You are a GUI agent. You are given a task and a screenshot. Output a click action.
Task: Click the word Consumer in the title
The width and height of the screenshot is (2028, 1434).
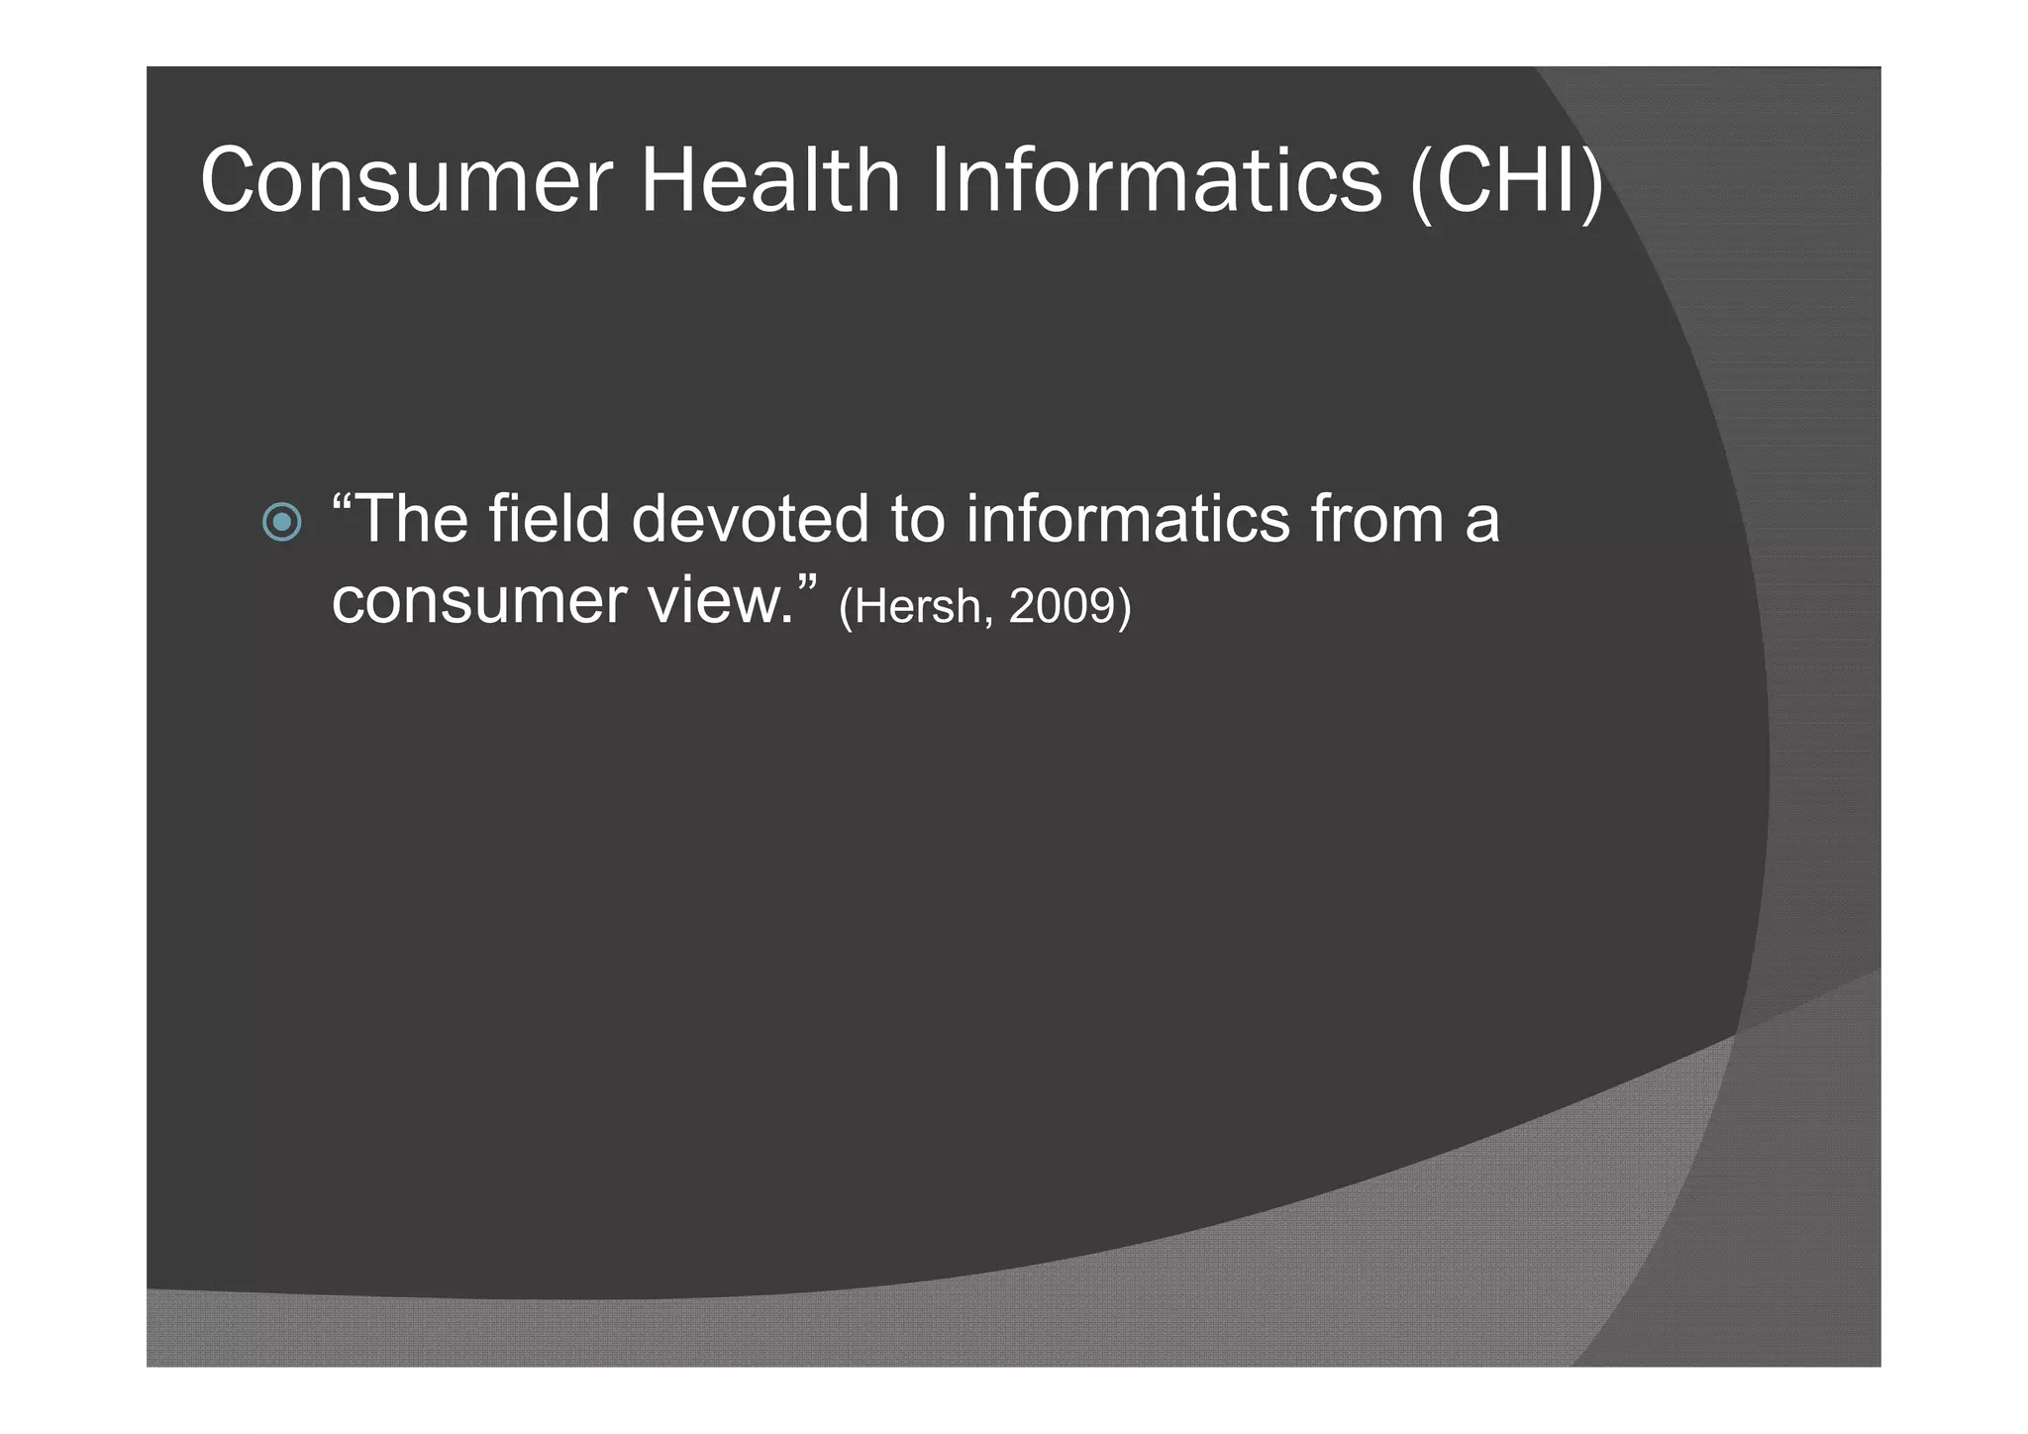(x=407, y=180)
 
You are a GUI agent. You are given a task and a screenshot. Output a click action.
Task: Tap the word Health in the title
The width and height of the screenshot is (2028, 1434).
(x=769, y=180)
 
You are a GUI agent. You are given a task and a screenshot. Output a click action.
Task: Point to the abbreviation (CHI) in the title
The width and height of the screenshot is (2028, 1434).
(x=1505, y=182)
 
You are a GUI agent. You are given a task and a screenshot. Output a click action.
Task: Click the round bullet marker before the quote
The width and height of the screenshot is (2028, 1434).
(x=282, y=521)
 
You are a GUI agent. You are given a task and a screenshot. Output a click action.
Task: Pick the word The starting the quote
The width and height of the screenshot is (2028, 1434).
(x=411, y=519)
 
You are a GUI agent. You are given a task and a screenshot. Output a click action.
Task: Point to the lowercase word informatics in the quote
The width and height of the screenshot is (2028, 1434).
(x=1128, y=519)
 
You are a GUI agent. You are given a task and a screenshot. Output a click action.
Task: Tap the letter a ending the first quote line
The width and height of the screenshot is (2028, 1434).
(x=1482, y=525)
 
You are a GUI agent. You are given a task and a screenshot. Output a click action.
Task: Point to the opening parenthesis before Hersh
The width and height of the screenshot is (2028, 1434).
(x=846, y=607)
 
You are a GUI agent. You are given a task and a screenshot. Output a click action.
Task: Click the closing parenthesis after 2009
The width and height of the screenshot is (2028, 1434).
(x=1123, y=607)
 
